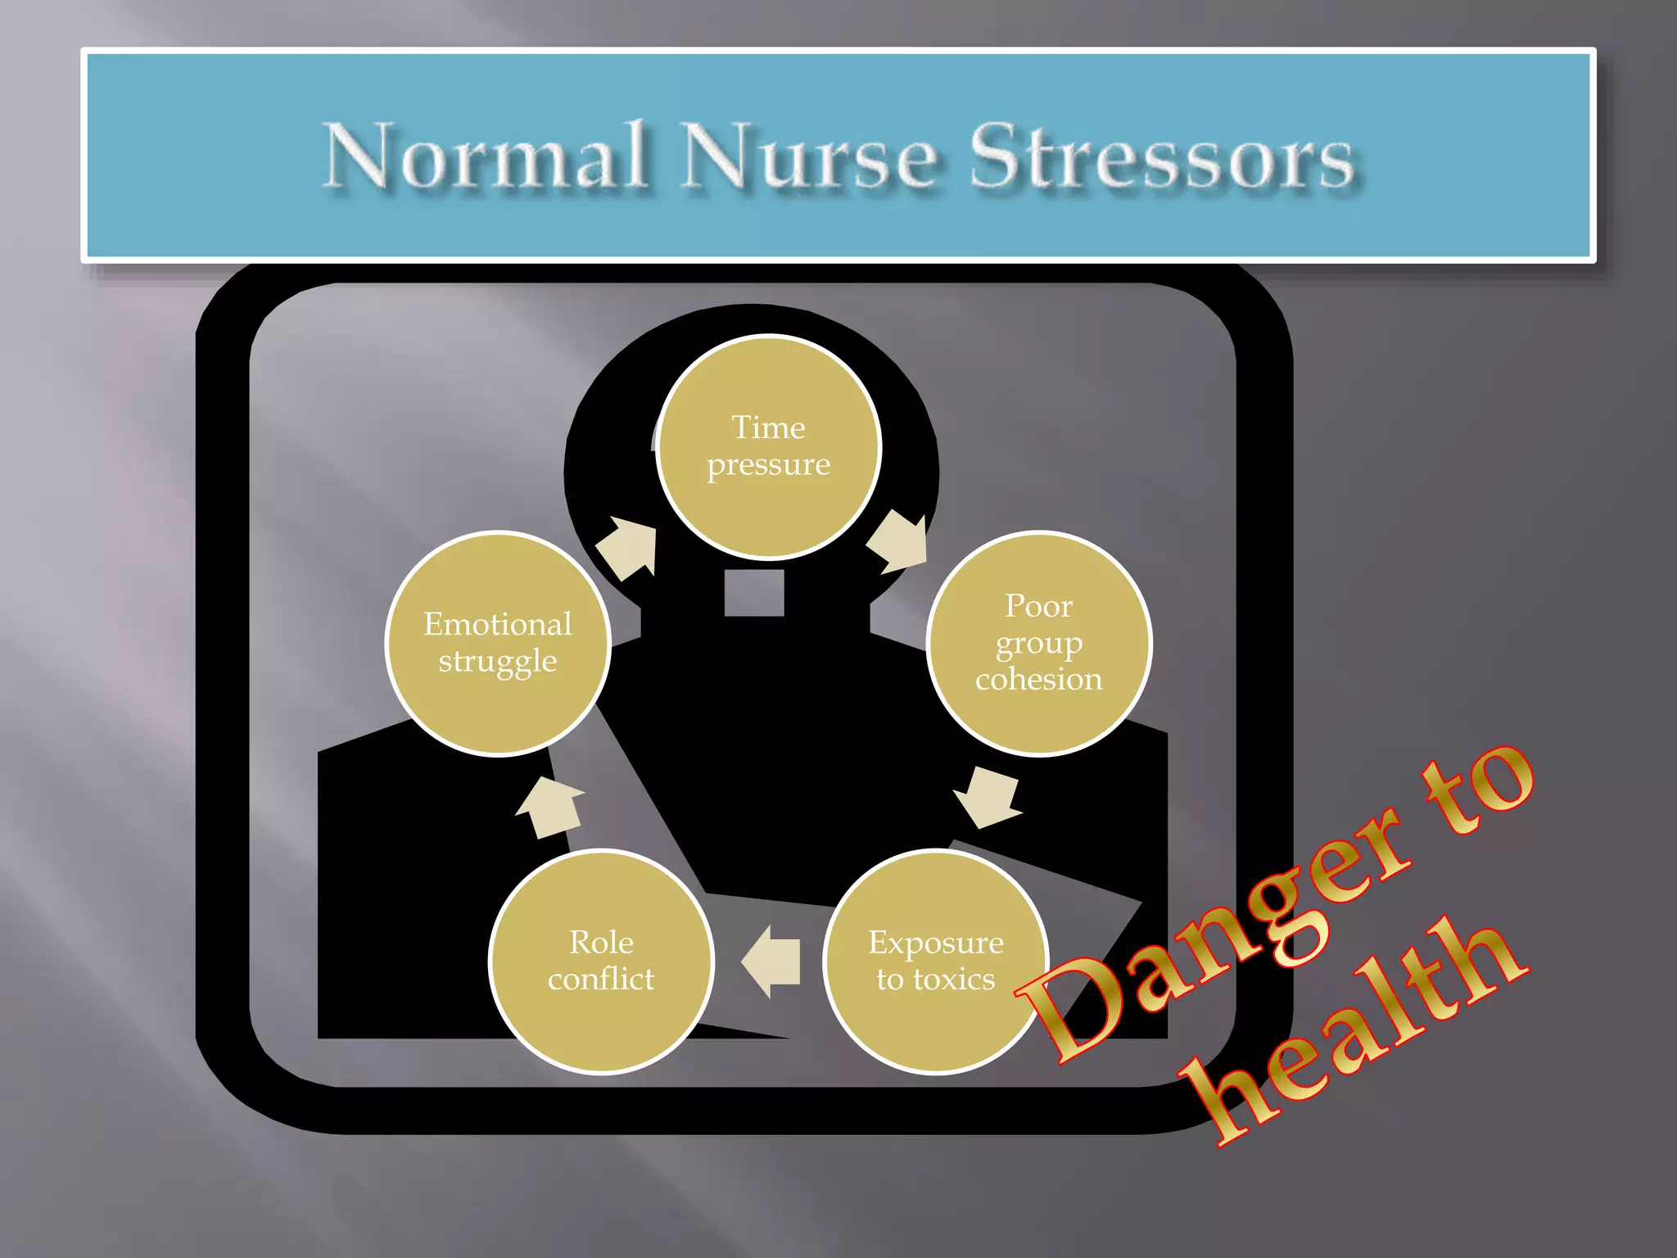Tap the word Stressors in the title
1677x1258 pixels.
pyautogui.click(x=1161, y=156)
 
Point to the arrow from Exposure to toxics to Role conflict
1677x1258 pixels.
pyautogui.click(x=772, y=961)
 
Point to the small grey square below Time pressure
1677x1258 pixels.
pyautogui.click(x=754, y=592)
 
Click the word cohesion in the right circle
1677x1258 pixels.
pyautogui.click(x=1038, y=680)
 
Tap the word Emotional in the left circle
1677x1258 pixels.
pyautogui.click(x=498, y=624)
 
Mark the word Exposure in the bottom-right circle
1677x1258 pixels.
pyautogui.click(x=935, y=943)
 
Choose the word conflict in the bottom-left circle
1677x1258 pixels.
pyautogui.click(x=601, y=979)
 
